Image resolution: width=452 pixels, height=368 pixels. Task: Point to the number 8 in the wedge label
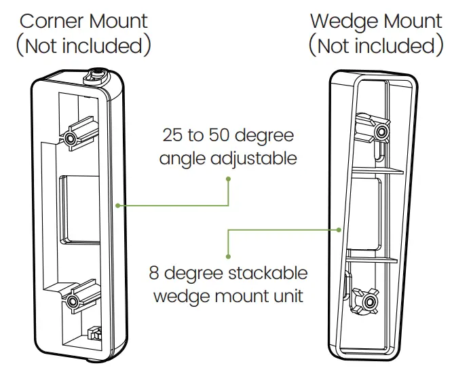tap(155, 274)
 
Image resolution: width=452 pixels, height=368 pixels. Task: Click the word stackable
tap(271, 274)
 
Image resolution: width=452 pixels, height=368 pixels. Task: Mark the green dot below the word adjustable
tap(229, 179)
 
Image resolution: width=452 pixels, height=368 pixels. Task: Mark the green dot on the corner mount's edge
tap(118, 204)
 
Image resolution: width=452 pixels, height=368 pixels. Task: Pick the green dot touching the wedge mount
tap(338, 230)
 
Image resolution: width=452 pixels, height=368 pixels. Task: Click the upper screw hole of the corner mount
tap(71, 138)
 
